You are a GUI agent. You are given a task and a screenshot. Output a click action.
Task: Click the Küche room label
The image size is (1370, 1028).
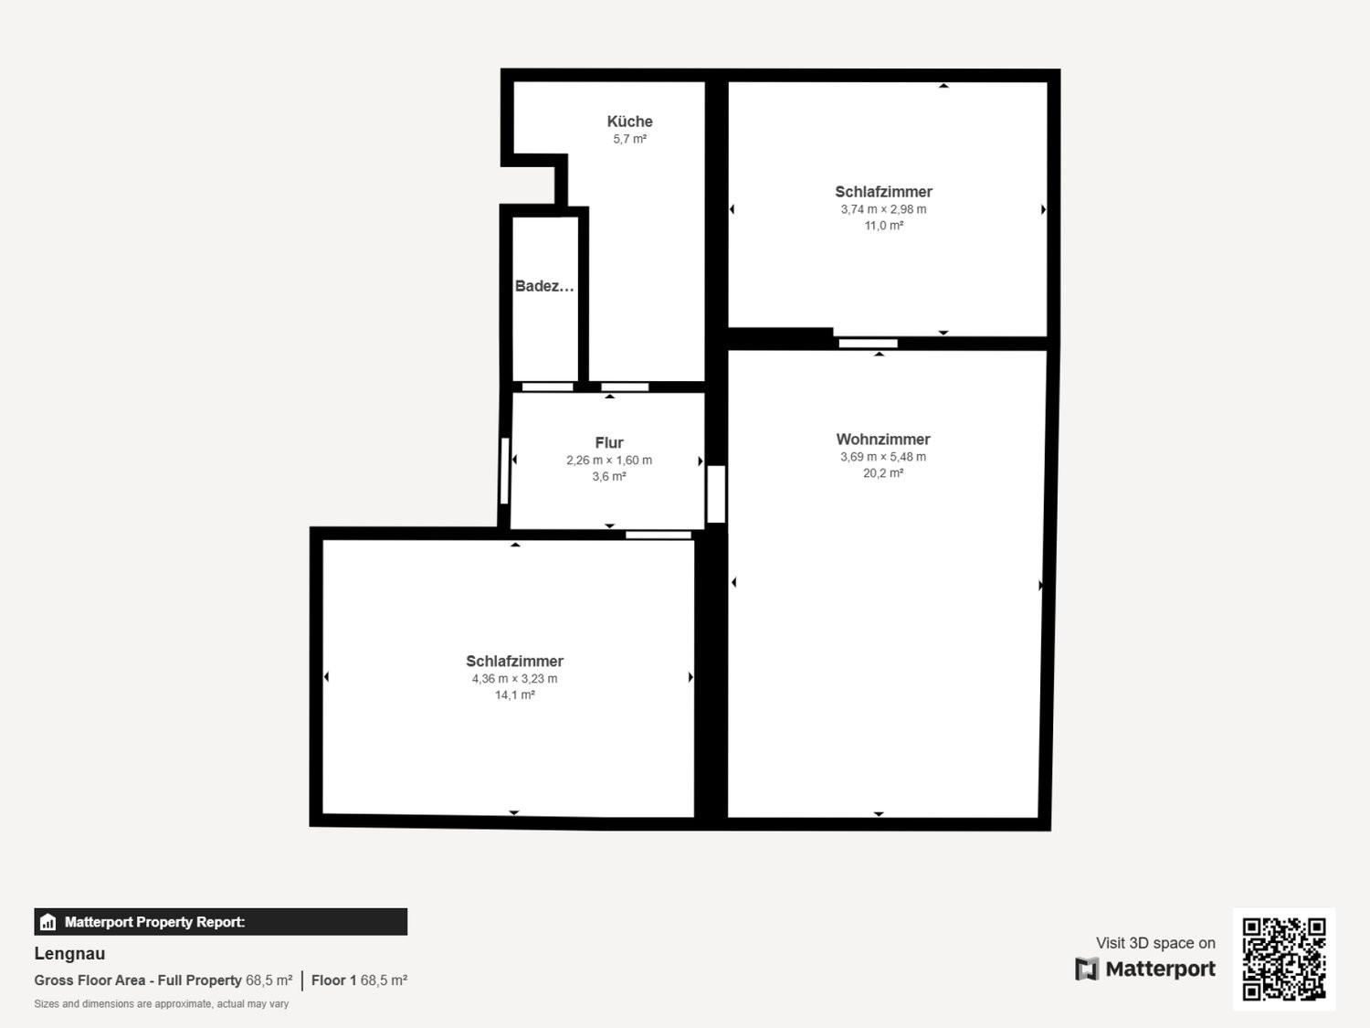tap(629, 122)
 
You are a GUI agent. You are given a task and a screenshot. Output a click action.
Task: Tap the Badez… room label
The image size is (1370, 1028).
tap(544, 286)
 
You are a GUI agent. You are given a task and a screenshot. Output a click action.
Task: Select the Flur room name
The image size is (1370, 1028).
tap(608, 442)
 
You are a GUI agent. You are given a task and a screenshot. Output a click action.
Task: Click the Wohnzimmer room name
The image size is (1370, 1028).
tap(882, 439)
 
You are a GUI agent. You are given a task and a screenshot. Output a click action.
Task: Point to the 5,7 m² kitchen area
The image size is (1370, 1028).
tap(629, 139)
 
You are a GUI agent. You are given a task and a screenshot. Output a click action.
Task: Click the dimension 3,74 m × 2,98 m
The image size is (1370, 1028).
tap(883, 209)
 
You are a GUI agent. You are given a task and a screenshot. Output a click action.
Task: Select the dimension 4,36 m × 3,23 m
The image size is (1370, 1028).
tap(514, 678)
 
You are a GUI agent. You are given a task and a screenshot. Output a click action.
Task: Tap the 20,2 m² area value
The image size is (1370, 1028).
tap(882, 473)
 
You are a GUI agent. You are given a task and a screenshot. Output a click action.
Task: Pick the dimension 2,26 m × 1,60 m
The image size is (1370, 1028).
tap(608, 460)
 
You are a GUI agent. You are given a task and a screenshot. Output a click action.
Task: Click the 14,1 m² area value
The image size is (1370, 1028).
tap(514, 694)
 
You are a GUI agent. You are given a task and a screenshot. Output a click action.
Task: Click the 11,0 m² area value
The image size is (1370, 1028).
tap(883, 226)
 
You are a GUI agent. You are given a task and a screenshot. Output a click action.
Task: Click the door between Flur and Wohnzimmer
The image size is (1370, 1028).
tap(716, 493)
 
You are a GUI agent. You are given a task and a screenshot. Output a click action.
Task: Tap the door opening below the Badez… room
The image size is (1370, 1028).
tap(547, 387)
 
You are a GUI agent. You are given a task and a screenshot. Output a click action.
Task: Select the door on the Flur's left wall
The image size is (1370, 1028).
tap(505, 471)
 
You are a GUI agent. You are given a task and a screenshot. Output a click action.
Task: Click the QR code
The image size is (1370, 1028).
tap(1284, 959)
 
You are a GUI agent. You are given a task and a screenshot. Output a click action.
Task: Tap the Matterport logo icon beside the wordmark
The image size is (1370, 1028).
tap(1087, 969)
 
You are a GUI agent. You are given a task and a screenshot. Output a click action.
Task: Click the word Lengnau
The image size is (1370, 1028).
tap(69, 954)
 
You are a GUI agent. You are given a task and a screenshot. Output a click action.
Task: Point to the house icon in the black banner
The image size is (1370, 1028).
tap(48, 922)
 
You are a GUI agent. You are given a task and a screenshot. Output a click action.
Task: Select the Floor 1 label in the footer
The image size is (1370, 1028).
tap(333, 980)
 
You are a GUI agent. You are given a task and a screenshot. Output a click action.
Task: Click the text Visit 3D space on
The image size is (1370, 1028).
tap(1155, 942)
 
